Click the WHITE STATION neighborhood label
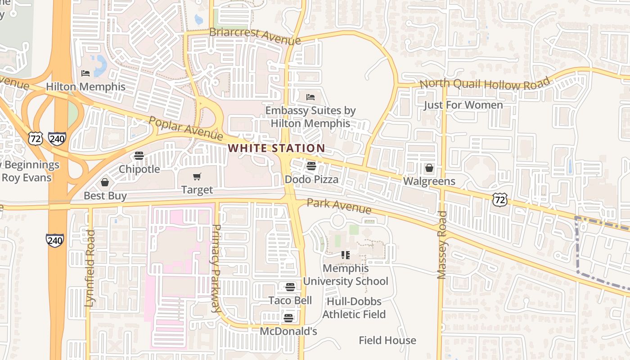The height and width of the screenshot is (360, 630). point(276,148)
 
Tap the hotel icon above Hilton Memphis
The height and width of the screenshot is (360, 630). point(85,73)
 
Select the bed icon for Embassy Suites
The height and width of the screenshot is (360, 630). point(310,97)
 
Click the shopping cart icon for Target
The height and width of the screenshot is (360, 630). point(197,176)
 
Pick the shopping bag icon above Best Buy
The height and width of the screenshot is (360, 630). point(105,182)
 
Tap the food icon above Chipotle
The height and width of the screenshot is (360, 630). point(139,156)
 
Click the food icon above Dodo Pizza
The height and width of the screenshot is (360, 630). point(311,166)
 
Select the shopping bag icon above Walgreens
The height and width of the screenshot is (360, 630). point(429,168)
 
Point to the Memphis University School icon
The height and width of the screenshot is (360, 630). point(345,255)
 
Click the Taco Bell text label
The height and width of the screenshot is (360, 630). point(290,300)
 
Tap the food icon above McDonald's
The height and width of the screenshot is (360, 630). point(288,318)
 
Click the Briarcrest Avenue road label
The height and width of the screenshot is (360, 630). point(255,36)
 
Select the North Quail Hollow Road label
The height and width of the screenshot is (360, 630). point(485,84)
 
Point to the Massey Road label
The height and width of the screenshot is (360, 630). point(442,245)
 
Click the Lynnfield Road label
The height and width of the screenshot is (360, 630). point(90,268)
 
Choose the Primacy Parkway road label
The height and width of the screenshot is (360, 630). point(216,269)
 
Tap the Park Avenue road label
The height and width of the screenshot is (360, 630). point(339,206)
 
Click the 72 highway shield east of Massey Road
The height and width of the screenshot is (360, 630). point(499,199)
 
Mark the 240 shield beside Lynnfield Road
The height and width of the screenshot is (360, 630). point(54,240)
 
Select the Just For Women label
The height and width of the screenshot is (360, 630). point(463,105)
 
